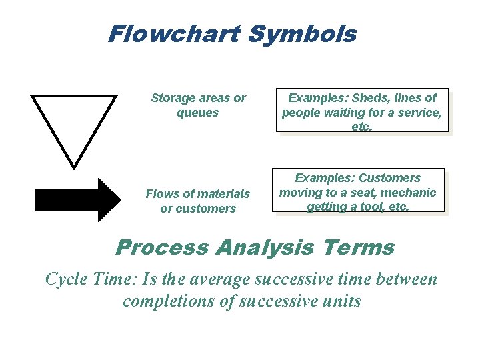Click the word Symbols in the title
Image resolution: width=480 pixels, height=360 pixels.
point(302,33)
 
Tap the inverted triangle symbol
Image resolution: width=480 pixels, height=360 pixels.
point(73,123)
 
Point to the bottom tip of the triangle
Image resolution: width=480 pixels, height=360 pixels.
point(73,165)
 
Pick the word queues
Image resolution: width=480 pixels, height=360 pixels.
point(197,113)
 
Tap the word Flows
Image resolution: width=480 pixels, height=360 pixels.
point(161,194)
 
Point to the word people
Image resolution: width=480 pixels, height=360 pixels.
point(302,113)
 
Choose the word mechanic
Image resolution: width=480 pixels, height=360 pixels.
point(410,193)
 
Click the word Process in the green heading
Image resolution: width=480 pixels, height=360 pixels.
point(162,248)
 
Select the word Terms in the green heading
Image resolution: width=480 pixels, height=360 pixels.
point(359,248)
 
